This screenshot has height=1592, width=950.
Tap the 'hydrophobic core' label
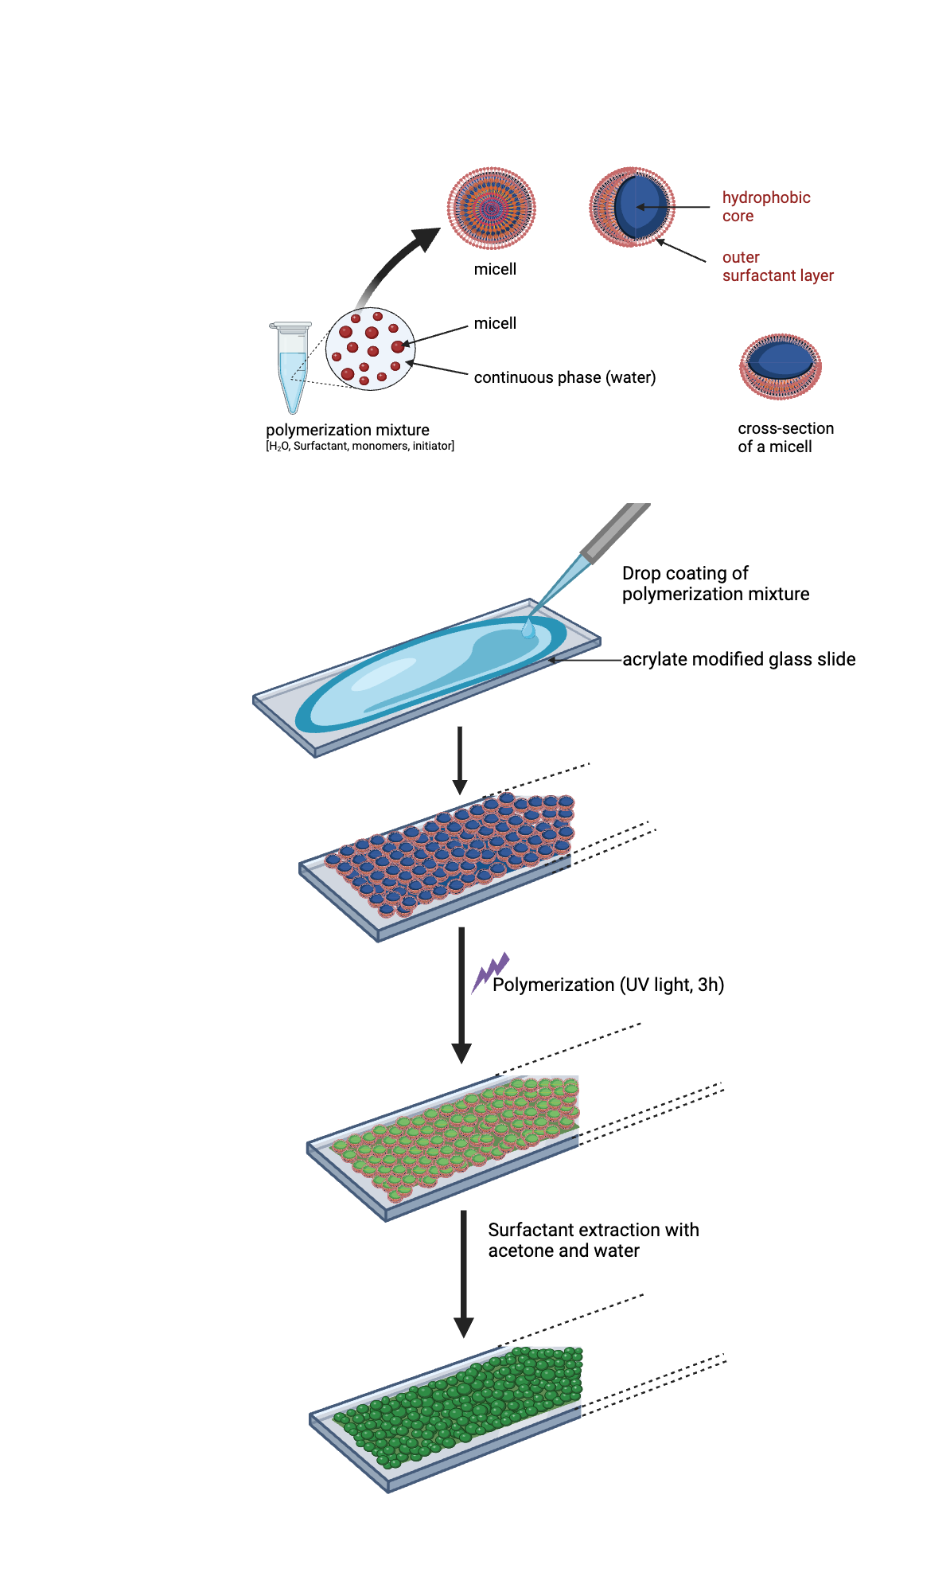click(765, 207)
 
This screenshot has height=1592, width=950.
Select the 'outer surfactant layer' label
click(777, 267)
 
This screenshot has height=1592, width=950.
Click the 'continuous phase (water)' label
click(564, 377)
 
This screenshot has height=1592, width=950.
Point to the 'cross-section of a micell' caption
click(785, 437)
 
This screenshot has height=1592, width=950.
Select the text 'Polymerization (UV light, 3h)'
click(608, 985)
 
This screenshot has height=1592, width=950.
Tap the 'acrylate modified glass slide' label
click(738, 659)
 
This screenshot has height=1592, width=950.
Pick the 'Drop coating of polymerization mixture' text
click(714, 583)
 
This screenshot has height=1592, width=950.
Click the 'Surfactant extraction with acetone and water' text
click(593, 1240)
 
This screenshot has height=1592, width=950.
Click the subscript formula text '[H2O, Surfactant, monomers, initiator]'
click(360, 447)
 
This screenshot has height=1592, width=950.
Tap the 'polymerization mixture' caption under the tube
click(348, 430)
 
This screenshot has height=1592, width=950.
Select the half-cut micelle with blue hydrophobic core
click(632, 208)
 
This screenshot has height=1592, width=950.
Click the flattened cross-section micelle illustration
click(781, 366)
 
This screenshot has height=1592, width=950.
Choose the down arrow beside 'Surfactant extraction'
click(464, 1274)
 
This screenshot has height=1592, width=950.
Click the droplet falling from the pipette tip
click(528, 630)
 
